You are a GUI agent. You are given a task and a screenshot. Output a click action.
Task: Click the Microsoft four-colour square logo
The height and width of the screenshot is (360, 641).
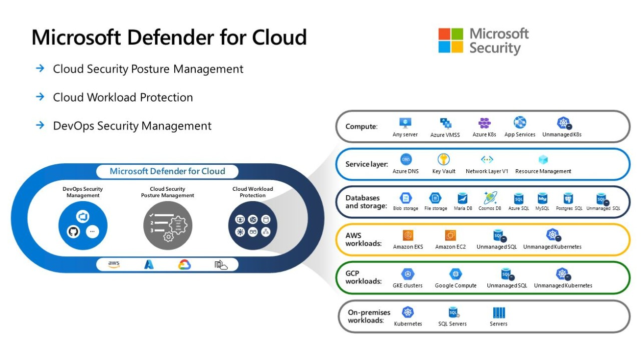coord(451,41)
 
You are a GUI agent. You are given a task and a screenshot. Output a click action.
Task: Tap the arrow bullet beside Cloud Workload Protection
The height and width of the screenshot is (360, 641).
coord(41,97)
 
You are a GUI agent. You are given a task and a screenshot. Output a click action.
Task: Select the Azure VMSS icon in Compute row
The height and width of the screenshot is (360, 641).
coord(445,123)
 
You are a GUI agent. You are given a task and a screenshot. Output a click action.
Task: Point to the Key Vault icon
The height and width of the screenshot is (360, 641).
coord(444,160)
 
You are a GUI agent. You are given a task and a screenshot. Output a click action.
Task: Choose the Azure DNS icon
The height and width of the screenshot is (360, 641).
coord(406,160)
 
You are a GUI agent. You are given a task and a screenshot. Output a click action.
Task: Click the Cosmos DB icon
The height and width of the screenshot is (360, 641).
coord(490,198)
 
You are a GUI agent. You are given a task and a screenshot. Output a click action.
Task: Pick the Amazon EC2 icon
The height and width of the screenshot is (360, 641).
coord(450,235)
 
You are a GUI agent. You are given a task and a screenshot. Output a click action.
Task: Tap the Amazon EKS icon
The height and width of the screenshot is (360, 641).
coord(409,235)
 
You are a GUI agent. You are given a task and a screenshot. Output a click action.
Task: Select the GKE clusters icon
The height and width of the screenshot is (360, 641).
coord(408,274)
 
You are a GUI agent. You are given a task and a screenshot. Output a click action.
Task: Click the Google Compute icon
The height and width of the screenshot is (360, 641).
coord(455,274)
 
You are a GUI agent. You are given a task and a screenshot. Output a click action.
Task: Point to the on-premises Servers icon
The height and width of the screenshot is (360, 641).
coord(499,313)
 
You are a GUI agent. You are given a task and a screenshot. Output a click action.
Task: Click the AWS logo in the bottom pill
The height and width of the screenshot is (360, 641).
coord(114,264)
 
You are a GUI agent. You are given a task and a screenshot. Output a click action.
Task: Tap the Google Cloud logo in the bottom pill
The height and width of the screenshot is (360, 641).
coord(184,264)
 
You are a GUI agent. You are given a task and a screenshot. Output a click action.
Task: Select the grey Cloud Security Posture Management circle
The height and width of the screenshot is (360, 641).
coord(167,225)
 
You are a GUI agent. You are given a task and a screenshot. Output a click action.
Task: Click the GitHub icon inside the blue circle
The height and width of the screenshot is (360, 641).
coord(74,232)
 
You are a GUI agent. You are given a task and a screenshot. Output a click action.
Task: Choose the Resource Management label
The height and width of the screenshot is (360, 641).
coord(543,171)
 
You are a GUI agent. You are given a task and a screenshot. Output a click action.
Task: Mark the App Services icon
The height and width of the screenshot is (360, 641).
coord(520,123)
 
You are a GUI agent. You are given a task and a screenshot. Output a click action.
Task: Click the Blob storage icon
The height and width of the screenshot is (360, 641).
coord(405,198)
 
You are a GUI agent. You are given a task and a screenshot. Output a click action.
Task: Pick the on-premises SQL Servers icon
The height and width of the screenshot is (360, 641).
coord(453,313)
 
